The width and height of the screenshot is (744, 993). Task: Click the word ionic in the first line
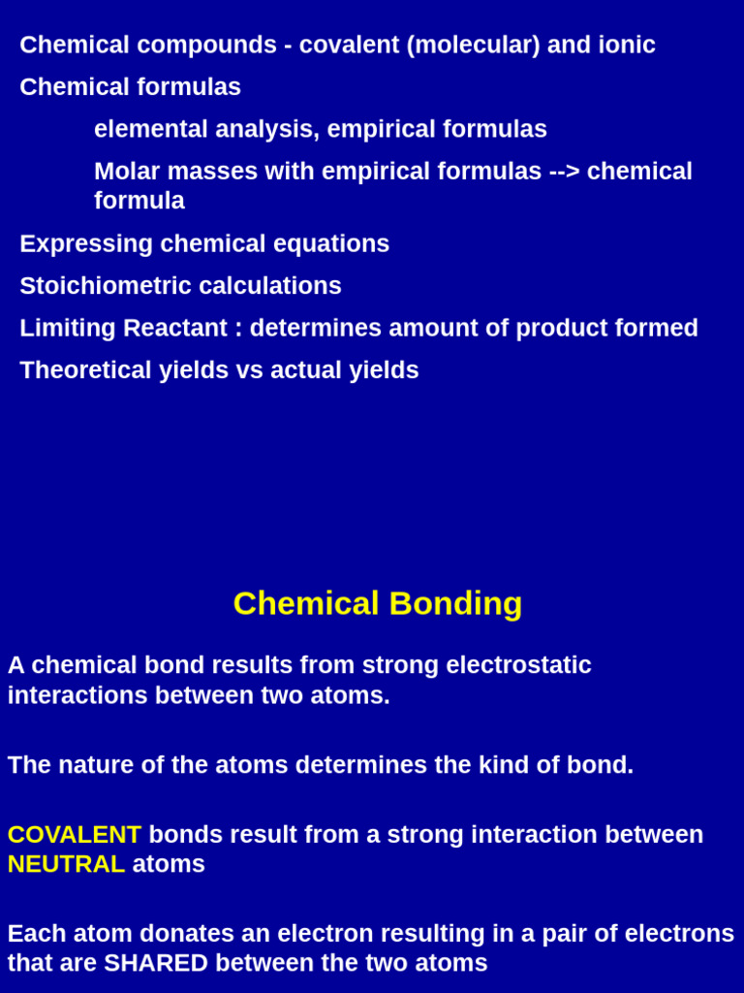coord(627,45)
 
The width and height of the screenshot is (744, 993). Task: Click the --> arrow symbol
coord(564,172)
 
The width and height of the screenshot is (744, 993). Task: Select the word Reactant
coord(175,328)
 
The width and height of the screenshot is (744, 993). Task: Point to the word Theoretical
coord(86,370)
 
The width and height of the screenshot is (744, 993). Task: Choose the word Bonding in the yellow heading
coord(455,603)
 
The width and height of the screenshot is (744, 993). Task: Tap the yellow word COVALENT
coord(75,835)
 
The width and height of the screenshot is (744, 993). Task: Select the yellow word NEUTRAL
coord(67,864)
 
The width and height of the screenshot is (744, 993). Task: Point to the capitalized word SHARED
coord(156,963)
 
